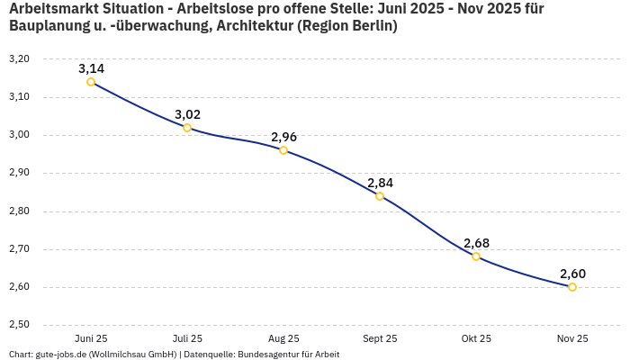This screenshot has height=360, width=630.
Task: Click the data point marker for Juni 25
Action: click(91, 82)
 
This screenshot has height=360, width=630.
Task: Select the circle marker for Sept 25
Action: click(380, 196)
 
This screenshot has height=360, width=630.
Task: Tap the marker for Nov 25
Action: click(572, 287)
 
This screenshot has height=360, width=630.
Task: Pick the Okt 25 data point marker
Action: click(476, 256)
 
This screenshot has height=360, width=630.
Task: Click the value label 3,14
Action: click(91, 68)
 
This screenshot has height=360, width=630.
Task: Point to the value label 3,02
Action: click(187, 114)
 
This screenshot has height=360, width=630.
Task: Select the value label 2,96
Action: click(283, 137)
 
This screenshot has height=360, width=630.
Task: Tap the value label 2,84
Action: click(380, 183)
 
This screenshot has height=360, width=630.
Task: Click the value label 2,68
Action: click(476, 243)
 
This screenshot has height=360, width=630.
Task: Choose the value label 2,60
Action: click(572, 274)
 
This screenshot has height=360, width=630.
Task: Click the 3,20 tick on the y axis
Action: click(19, 58)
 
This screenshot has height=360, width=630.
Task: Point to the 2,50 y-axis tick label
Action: click(19, 325)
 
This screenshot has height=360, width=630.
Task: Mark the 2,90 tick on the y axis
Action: click(19, 173)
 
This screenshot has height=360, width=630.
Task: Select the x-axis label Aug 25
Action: click(283, 338)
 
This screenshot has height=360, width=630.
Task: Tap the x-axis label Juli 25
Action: click(187, 338)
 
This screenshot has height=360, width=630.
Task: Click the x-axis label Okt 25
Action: click(476, 338)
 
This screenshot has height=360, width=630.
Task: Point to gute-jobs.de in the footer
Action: click(61, 355)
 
